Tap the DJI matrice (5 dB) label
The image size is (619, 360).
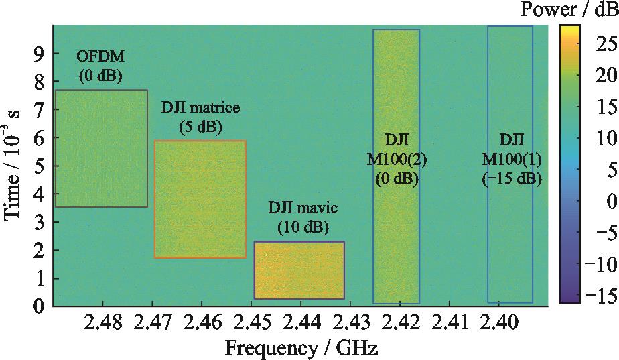[x=200, y=116]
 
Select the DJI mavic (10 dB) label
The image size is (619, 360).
[x=299, y=217]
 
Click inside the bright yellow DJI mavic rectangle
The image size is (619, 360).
[x=299, y=270]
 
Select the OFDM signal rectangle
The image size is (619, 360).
[x=101, y=148]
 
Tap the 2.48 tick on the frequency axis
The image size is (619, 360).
[x=103, y=324]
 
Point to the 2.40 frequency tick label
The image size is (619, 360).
[x=498, y=324]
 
